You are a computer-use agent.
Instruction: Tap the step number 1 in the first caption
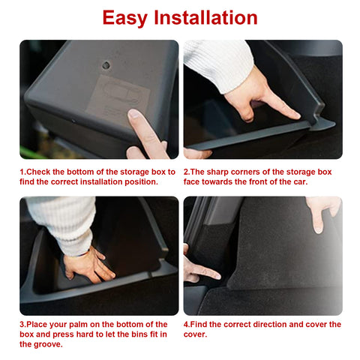pos(22,172)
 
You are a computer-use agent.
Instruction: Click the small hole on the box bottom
pos(106,65)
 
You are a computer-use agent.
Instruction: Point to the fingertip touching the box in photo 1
pos(135,118)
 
